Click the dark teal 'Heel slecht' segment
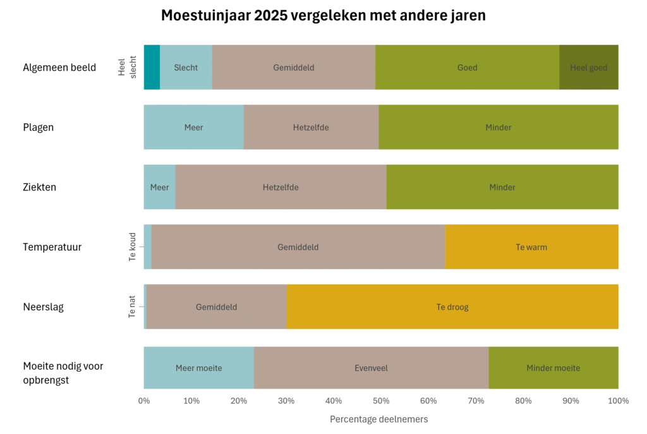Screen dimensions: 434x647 (152, 67)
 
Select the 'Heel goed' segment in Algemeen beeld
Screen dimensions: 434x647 (588, 67)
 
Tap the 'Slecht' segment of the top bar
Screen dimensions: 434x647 (186, 67)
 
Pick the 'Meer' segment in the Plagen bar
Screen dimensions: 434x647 (193, 127)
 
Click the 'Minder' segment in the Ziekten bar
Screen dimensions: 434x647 (502, 187)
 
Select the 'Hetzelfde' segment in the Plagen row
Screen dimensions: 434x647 (311, 127)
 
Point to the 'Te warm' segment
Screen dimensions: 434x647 (531, 247)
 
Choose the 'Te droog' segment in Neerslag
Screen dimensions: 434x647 (452, 307)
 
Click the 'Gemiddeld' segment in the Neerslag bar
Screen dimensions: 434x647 (216, 307)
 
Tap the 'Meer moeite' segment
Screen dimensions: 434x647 (198, 368)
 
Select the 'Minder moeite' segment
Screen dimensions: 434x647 (553, 368)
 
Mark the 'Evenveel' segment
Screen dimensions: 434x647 (371, 368)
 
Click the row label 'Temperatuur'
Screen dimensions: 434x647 (52, 247)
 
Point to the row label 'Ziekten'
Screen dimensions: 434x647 (39, 187)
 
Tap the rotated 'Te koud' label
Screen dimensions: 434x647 (133, 247)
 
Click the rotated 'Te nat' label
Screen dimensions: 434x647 (133, 307)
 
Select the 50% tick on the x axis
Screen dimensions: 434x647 (381, 401)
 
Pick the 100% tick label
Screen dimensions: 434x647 (617, 401)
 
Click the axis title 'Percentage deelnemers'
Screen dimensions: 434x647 (378, 419)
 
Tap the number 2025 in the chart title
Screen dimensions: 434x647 (270, 16)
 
